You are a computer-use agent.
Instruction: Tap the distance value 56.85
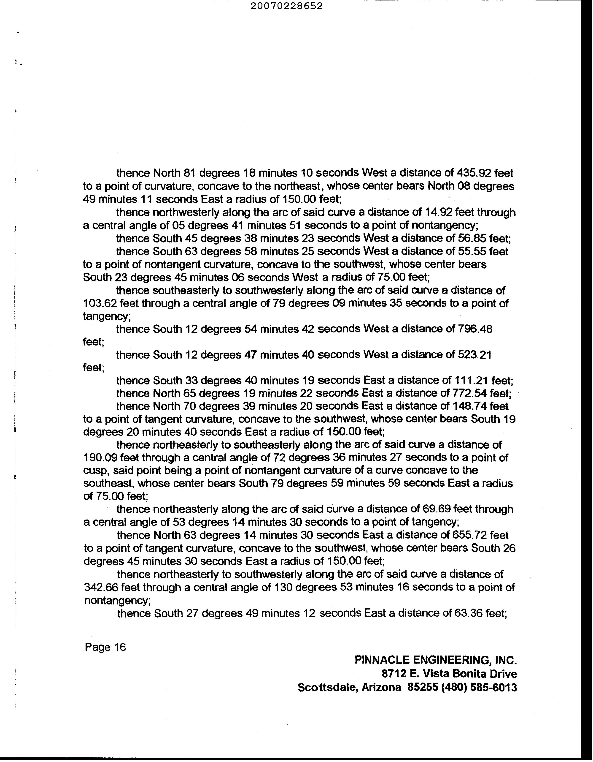click(471, 238)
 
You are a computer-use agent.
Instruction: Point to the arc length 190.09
click(100, 457)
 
